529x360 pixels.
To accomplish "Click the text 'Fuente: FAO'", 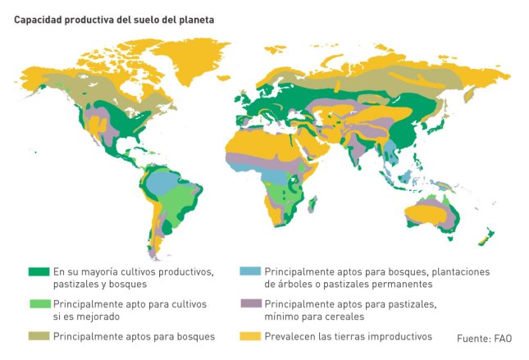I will tap(484, 337).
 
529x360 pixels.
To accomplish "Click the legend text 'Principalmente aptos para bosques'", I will tap(135, 336).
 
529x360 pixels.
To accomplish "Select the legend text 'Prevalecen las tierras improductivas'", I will tap(348, 336).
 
